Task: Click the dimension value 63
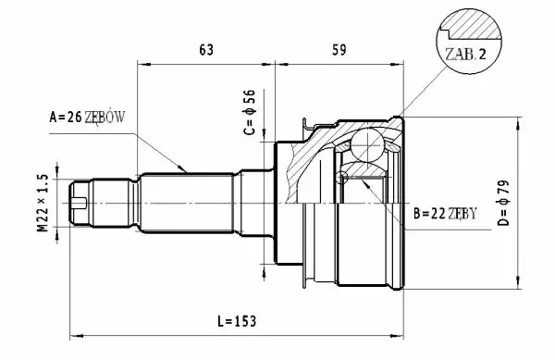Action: pyautogui.click(x=206, y=50)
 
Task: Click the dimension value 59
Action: pyautogui.click(x=339, y=50)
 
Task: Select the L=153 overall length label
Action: pyautogui.click(x=237, y=321)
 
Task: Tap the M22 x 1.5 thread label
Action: pyautogui.click(x=43, y=203)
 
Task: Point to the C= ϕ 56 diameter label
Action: pyautogui.click(x=249, y=112)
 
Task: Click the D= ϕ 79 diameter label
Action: pyautogui.click(x=504, y=204)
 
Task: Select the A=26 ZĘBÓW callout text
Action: pyautogui.click(x=87, y=117)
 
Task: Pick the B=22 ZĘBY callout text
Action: pyautogui.click(x=445, y=214)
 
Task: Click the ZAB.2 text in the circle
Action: pyautogui.click(x=466, y=55)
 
